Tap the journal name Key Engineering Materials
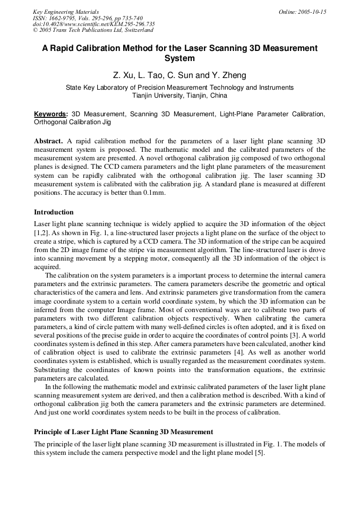tap(66, 12)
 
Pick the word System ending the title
tap(179, 58)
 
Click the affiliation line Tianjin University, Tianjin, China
tap(179, 96)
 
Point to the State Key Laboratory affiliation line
tap(179, 88)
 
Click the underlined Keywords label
tap(50, 114)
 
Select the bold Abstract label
tap(48, 142)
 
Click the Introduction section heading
tap(54, 212)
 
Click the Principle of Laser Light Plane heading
tap(124, 432)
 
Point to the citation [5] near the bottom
tap(259, 453)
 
